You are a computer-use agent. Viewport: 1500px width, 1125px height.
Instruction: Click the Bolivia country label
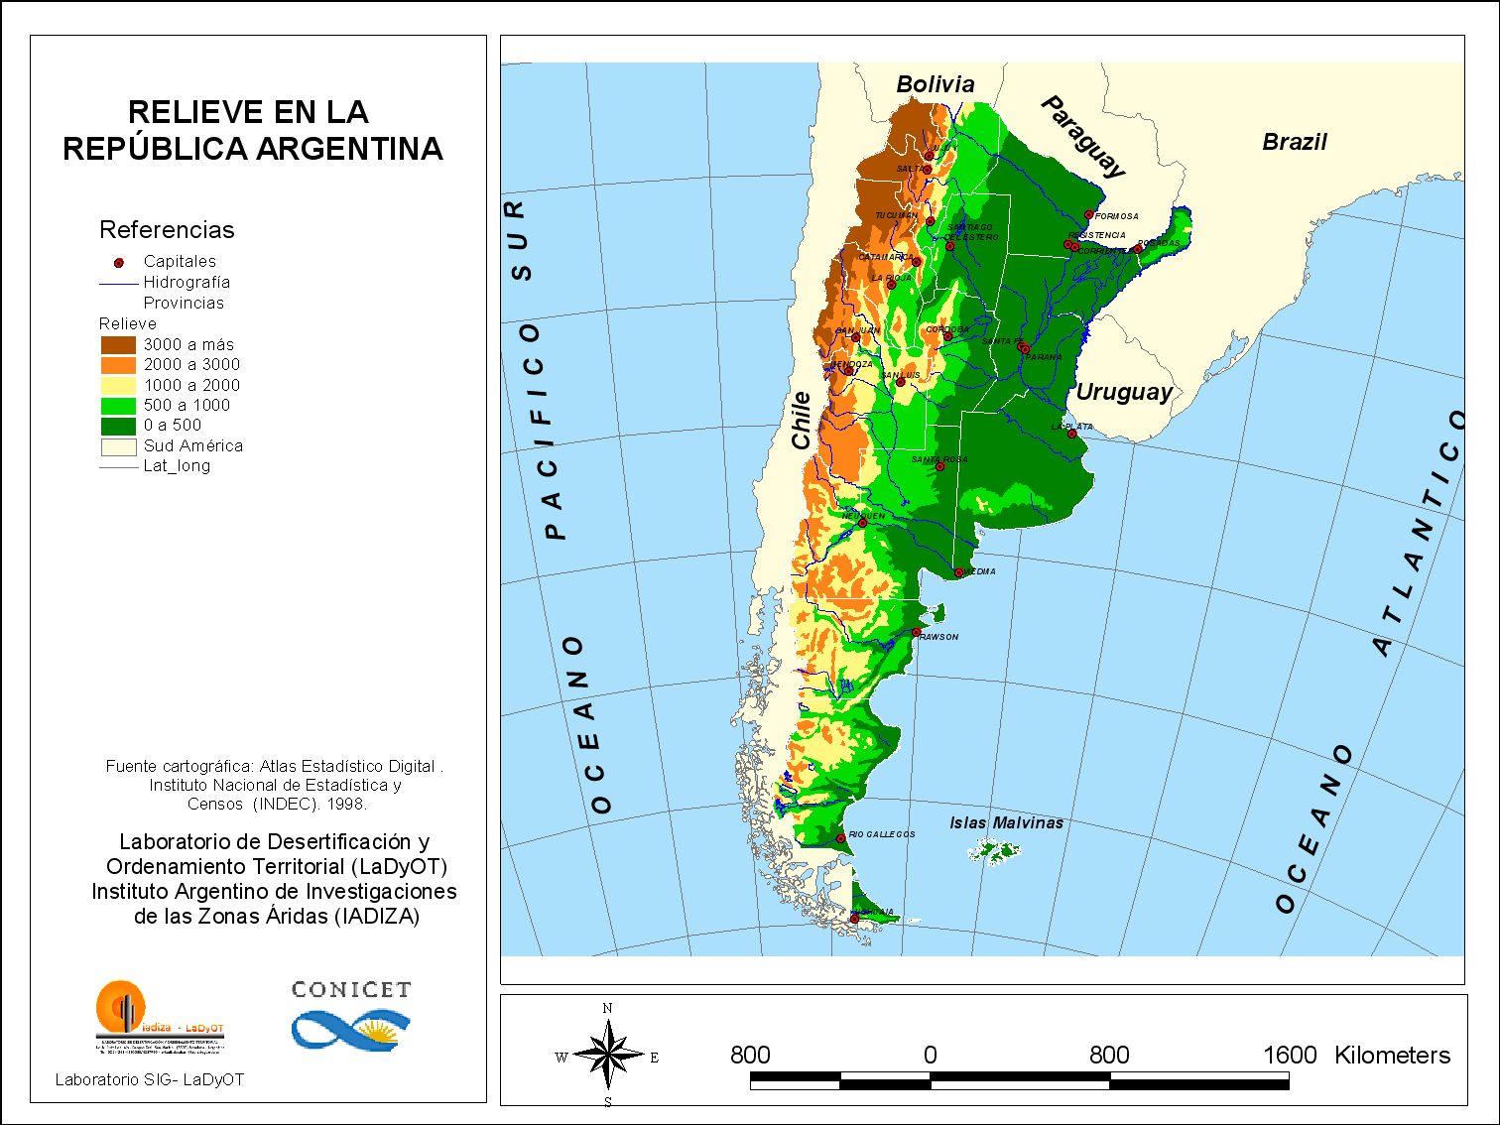pos(935,84)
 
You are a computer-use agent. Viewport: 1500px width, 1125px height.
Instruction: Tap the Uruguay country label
pos(1124,392)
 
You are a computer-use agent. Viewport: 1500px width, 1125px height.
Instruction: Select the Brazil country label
pos(1294,142)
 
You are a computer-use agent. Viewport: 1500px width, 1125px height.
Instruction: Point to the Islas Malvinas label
pos(1006,822)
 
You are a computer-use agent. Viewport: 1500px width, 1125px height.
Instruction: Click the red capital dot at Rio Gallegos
pos(841,838)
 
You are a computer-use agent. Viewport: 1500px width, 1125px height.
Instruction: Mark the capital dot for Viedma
pos(958,572)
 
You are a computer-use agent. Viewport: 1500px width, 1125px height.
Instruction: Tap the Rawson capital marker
pos(917,632)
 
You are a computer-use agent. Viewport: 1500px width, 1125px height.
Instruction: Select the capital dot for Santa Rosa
pos(939,466)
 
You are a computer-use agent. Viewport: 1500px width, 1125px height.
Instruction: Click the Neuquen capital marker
pos(862,523)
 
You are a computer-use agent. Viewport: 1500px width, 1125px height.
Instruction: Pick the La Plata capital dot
pos(1071,434)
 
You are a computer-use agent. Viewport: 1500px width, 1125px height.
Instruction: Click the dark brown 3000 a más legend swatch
pos(118,344)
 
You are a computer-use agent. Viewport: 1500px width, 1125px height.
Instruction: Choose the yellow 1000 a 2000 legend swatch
pos(118,385)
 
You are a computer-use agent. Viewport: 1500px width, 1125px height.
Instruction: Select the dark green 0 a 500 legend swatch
pos(118,426)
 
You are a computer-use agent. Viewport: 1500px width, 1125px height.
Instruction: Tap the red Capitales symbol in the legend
pos(119,263)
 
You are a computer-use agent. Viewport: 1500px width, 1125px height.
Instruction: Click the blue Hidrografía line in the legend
pos(118,284)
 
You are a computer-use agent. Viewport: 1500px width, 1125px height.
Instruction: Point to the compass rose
pos(608,1056)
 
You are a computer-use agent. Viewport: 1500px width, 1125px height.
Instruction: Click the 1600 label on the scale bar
pos(1289,1055)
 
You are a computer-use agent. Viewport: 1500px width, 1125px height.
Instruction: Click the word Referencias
pos(167,230)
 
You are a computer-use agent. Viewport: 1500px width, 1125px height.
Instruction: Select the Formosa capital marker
pos(1088,214)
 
